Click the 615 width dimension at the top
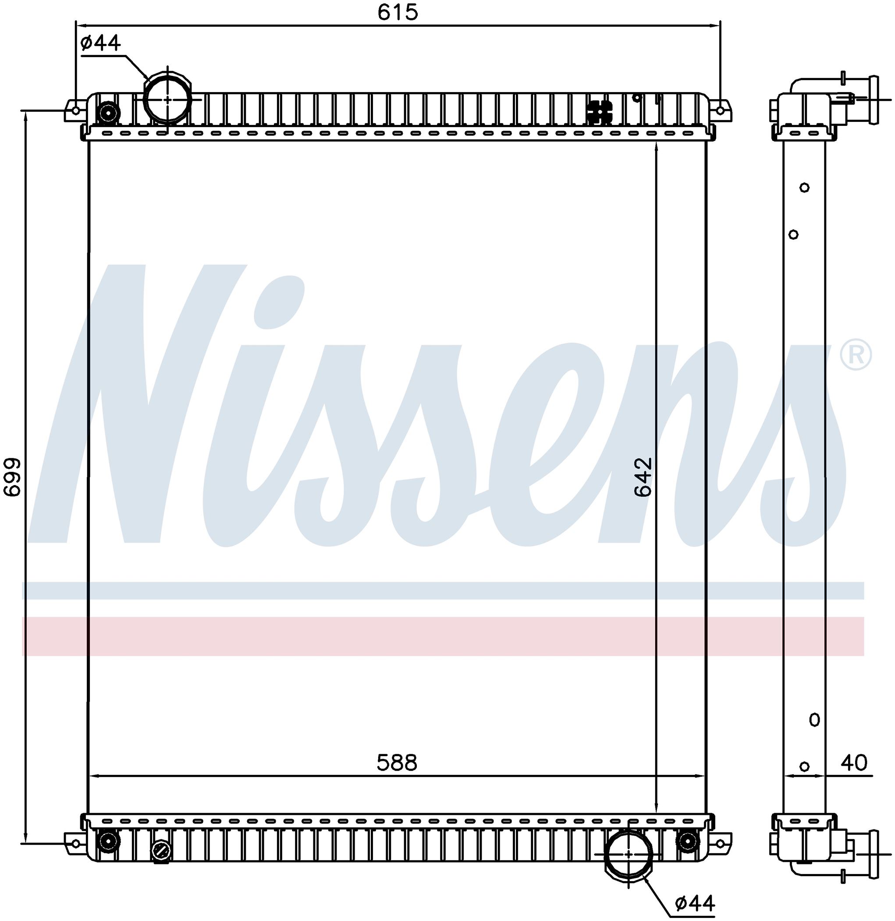(398, 12)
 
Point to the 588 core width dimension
(397, 763)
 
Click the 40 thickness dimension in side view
(854, 763)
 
